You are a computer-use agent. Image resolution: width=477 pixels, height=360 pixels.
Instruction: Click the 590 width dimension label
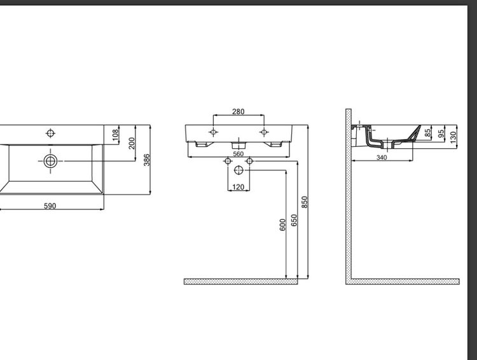tap(50, 206)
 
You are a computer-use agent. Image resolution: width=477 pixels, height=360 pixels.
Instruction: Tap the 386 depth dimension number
tap(147, 160)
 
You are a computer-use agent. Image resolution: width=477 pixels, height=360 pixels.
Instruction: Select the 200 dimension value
tap(132, 143)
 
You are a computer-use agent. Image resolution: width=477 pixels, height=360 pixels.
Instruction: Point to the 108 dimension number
tap(115, 135)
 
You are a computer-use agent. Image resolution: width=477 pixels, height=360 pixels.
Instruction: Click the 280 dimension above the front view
tap(238, 112)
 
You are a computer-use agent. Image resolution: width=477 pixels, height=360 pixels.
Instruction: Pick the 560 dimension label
tap(238, 154)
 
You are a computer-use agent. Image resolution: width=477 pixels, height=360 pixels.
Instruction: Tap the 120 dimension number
tap(238, 187)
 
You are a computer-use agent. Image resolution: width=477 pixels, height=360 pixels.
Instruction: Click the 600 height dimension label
tap(282, 225)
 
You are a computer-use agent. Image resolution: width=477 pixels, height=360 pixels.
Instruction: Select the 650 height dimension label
tap(294, 220)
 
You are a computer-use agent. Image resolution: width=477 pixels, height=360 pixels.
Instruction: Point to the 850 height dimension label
tap(305, 202)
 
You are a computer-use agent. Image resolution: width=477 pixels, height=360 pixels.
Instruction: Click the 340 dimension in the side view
tap(382, 157)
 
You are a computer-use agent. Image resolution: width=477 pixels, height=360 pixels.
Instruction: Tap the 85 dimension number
tap(428, 133)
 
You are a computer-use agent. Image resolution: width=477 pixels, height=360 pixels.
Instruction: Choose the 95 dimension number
tap(441, 134)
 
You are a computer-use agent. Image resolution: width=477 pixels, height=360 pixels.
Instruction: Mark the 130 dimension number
tap(453, 137)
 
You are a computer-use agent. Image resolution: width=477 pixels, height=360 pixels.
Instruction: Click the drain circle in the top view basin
tap(50, 161)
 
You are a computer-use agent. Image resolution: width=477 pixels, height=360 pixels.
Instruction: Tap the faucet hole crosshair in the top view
tap(50, 134)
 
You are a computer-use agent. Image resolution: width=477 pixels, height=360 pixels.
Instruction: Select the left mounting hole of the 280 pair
tap(213, 132)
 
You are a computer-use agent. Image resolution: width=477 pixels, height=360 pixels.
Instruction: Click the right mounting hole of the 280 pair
tap(264, 132)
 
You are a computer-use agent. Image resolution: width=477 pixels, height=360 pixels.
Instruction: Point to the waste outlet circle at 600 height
tap(238, 170)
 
